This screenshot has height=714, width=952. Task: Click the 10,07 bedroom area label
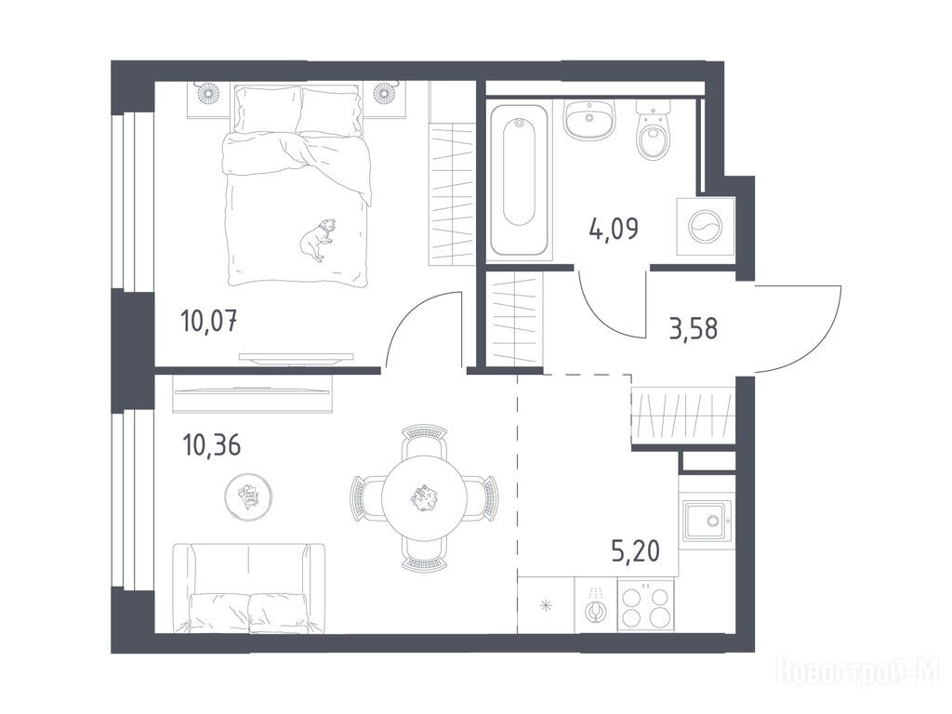[209, 320]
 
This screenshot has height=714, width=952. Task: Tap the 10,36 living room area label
[211, 445]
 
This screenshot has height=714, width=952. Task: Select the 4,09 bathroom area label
[614, 229]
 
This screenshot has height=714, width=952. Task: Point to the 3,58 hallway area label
[694, 328]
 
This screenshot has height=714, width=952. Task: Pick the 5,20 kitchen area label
[635, 551]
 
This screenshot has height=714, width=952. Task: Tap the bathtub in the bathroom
[519, 180]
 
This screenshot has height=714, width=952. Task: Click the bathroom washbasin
[588, 119]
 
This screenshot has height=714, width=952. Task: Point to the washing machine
[706, 226]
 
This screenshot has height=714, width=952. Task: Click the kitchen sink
[707, 521]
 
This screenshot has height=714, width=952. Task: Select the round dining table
[425, 498]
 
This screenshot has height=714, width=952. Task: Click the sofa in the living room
[249, 588]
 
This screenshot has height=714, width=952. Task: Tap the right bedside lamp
[384, 93]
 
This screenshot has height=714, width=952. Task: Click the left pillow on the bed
[268, 110]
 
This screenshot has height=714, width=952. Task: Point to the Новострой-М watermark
[858, 672]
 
